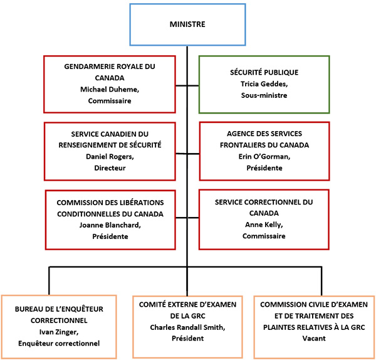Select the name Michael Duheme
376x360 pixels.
(x=110, y=89)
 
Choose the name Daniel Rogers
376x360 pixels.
(x=110, y=156)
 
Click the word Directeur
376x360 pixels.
(x=110, y=167)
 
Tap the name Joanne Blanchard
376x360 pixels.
(x=110, y=225)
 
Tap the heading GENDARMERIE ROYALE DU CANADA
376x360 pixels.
(x=110, y=71)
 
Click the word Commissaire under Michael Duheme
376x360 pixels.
(x=110, y=100)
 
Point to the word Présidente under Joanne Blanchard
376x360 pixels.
(x=110, y=236)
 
